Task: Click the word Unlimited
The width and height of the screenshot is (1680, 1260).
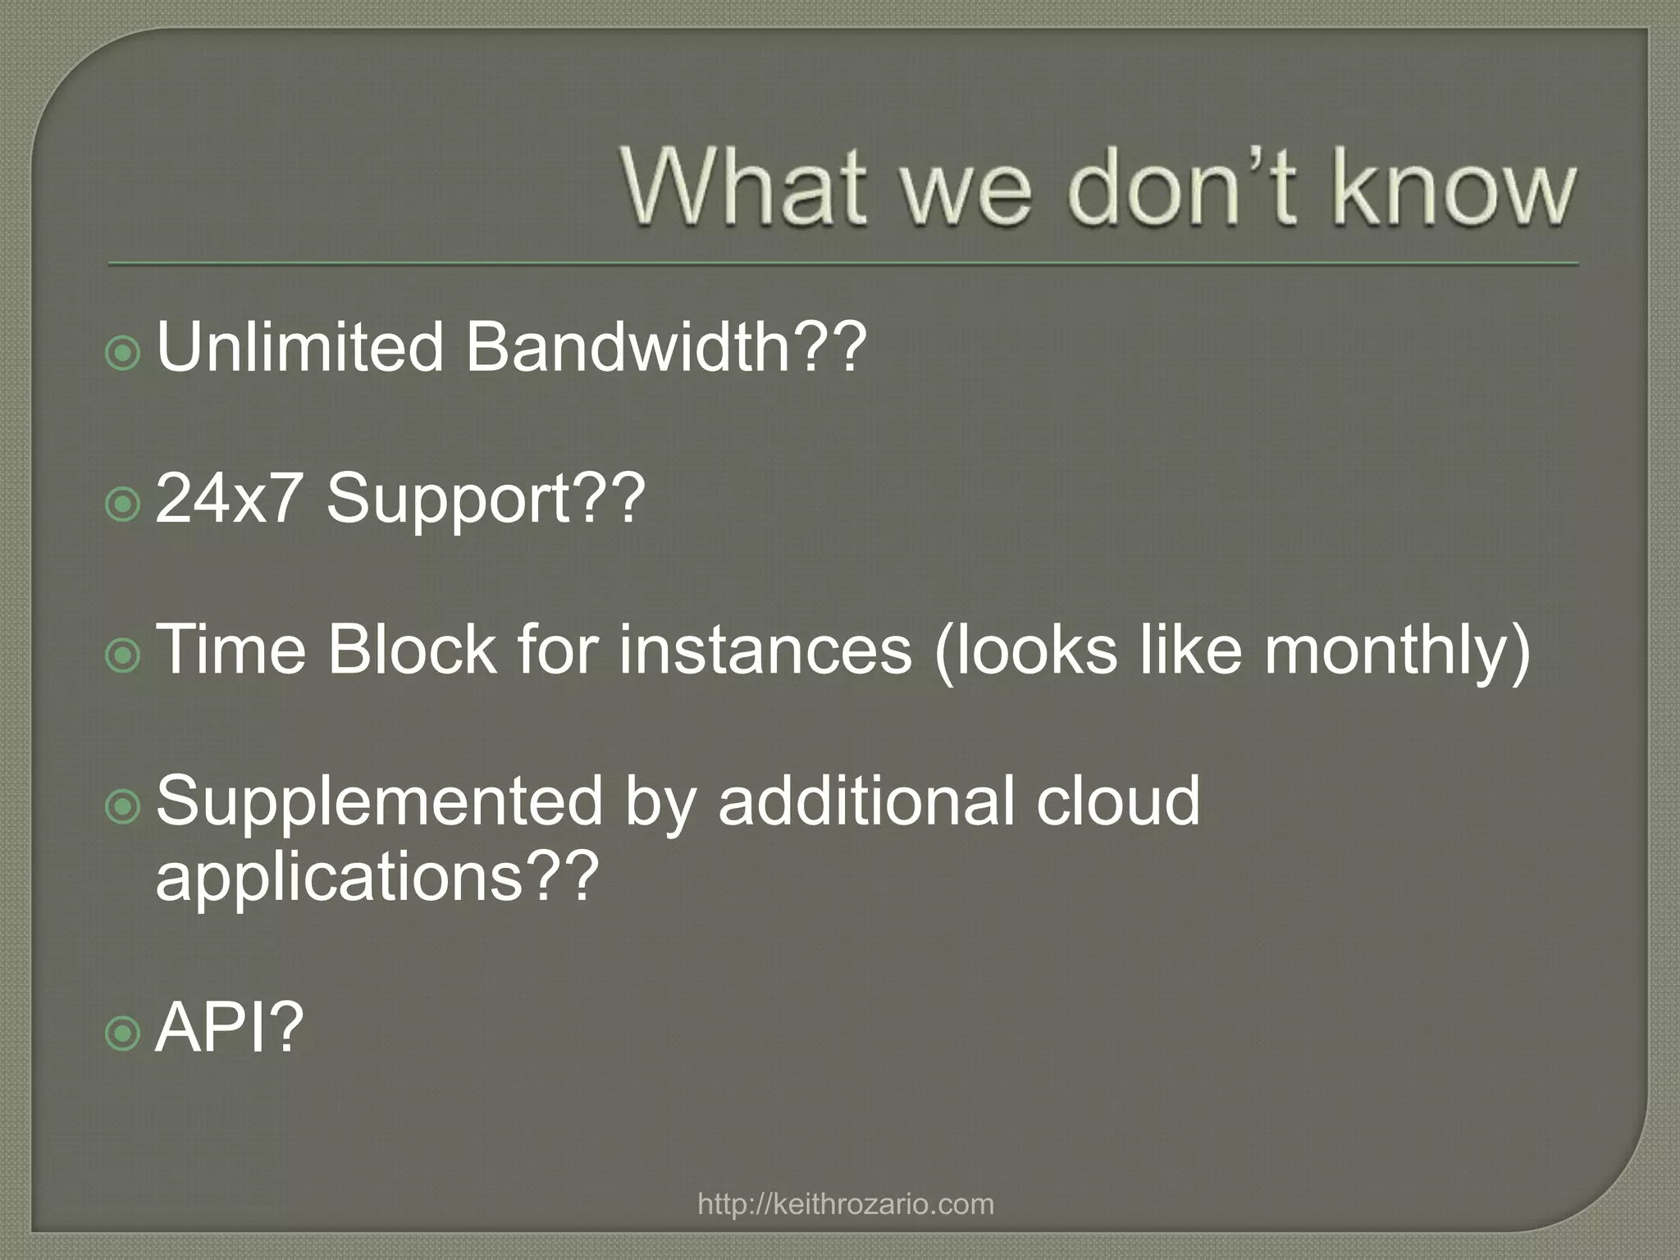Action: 299,347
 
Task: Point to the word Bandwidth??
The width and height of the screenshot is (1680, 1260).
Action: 665,347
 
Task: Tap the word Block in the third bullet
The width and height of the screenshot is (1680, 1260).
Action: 410,649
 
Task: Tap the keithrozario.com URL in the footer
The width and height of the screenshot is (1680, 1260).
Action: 845,1204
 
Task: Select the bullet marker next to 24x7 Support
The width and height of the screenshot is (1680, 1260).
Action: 124,504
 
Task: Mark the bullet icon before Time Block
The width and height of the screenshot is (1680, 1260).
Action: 124,655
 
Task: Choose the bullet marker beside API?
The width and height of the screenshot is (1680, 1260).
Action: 124,1034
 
